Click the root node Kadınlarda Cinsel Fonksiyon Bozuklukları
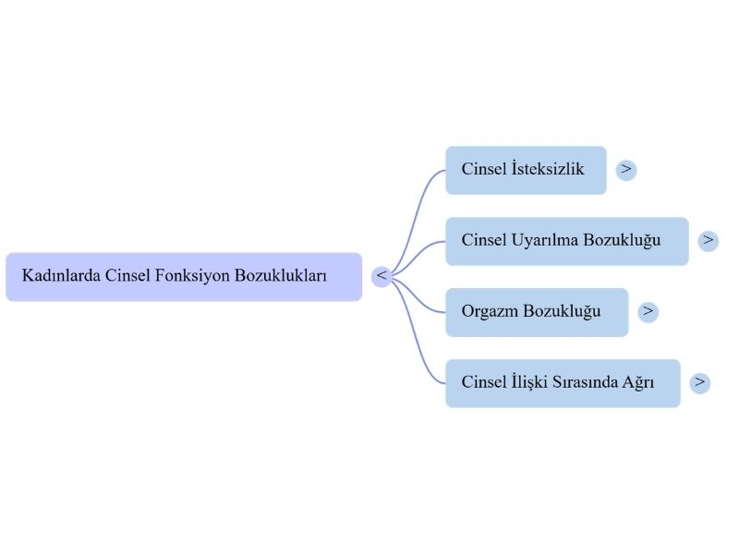[183, 276]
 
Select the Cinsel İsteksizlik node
[526, 170]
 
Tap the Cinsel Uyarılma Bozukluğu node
[566, 241]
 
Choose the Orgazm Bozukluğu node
[536, 311]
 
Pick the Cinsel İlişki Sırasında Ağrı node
[562, 382]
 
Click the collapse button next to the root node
[382, 276]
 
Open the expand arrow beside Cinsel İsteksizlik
[626, 170]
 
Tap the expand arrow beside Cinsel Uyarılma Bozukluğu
[708, 241]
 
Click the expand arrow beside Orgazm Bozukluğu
[648, 311]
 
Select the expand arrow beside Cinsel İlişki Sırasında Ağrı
[699, 382]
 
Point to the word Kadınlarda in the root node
[61, 276]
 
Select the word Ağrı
[637, 382]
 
